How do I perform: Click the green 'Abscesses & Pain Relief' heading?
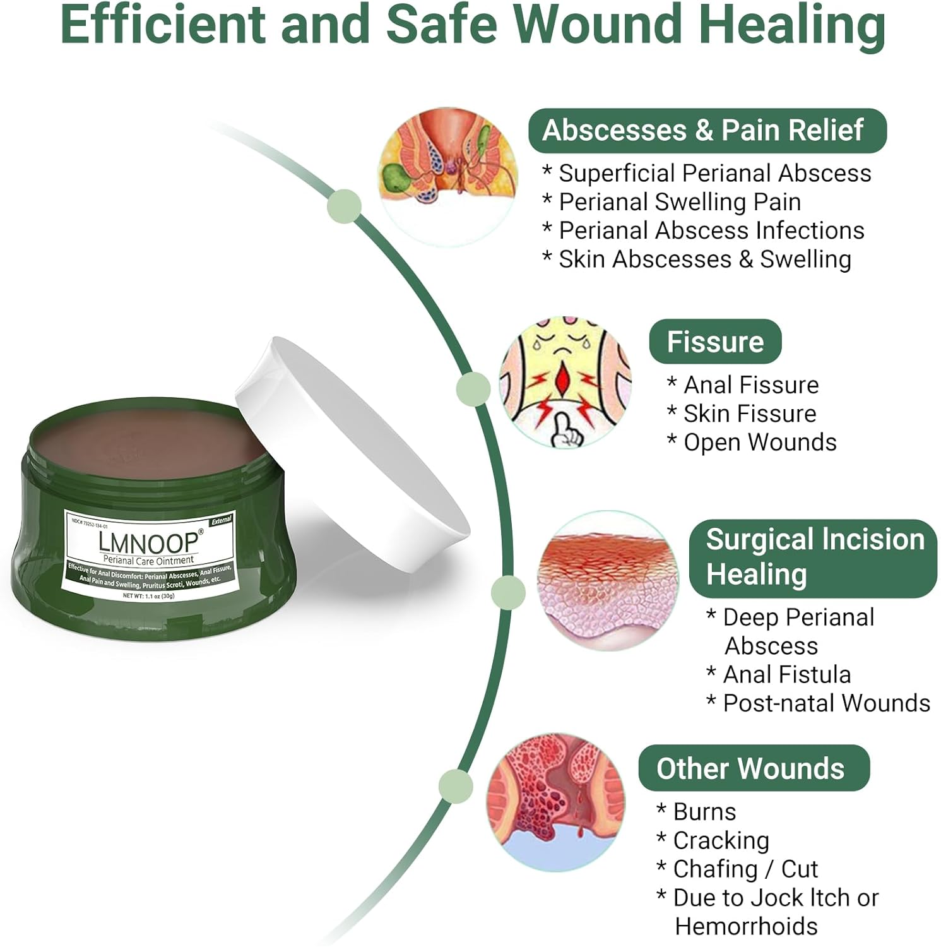coord(707,131)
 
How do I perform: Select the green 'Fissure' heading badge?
coord(715,342)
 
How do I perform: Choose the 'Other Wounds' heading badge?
coord(754,768)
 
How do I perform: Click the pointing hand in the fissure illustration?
coord(567,432)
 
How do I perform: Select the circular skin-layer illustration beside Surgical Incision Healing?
coord(608,581)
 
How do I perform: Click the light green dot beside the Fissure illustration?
coord(473,388)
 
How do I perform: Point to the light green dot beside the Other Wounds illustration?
coord(455,786)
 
